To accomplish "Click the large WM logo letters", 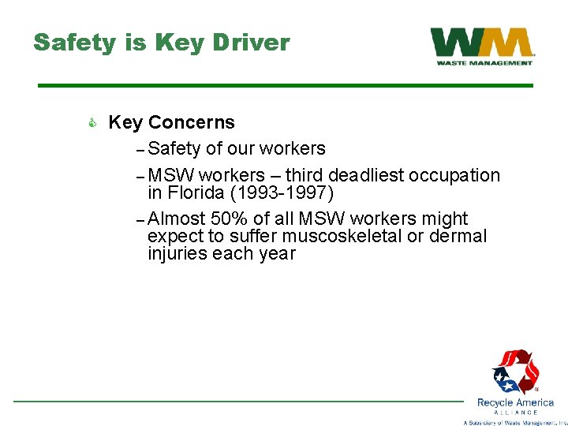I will [481, 43].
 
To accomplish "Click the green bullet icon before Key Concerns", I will [92, 123].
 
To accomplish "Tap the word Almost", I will [177, 219].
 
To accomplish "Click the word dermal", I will [458, 236].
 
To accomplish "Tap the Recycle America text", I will [516, 402].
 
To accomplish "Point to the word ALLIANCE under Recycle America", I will [516, 413].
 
